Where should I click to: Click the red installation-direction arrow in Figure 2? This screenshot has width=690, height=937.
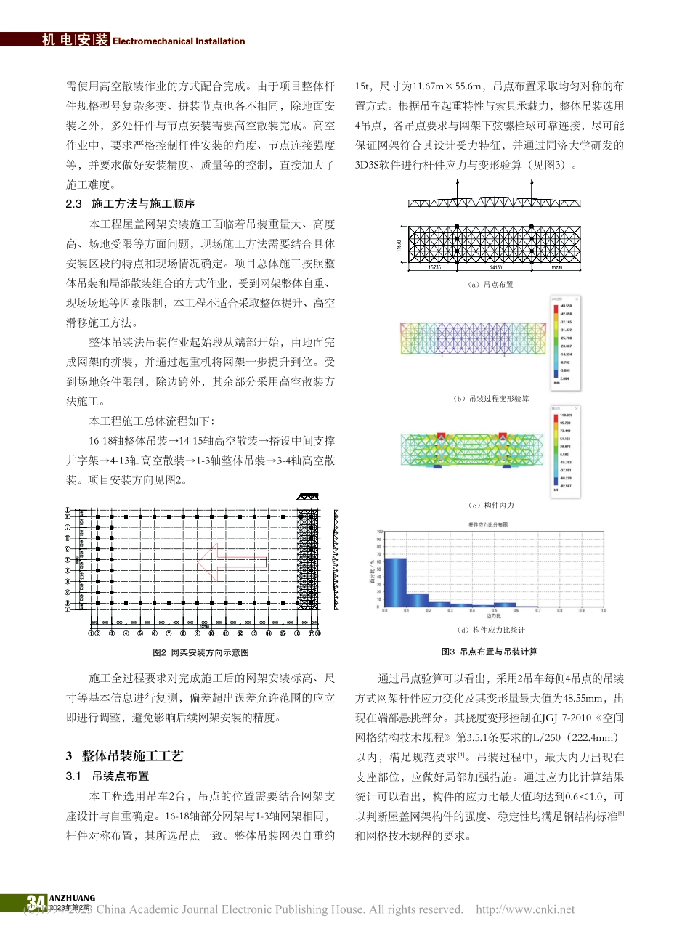click(231, 561)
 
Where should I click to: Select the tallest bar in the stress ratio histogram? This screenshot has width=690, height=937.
click(395, 581)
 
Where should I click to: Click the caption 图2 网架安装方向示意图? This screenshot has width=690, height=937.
click(200, 652)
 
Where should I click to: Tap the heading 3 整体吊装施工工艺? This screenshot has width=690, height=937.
click(124, 756)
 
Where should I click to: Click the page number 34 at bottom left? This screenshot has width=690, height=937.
click(36, 903)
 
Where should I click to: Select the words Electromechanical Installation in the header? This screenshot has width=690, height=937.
click(179, 41)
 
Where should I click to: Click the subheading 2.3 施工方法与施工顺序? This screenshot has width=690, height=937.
click(130, 204)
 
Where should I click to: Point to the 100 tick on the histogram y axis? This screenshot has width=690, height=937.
click(379, 532)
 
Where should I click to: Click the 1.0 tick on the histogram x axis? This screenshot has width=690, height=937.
click(603, 611)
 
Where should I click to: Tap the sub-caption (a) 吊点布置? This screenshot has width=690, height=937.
click(491, 285)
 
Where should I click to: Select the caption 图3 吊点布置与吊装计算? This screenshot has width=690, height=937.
click(490, 652)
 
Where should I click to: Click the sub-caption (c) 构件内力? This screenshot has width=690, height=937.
click(491, 505)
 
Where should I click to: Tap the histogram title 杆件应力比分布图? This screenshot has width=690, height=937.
click(487, 524)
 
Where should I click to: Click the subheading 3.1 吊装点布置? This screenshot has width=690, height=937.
click(107, 776)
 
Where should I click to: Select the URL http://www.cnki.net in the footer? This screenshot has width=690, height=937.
click(524, 909)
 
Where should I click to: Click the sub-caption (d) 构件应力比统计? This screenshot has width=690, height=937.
click(491, 630)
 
